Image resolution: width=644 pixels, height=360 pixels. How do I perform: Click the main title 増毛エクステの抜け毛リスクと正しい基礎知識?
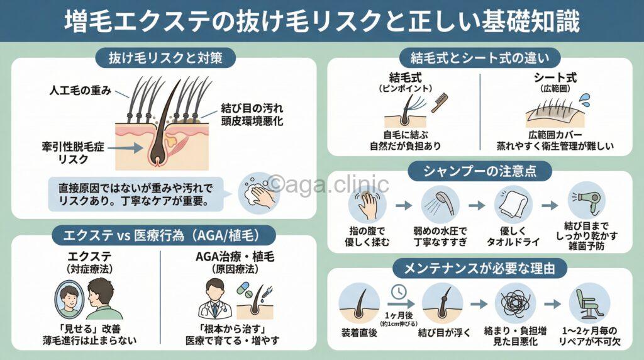pos(322,21)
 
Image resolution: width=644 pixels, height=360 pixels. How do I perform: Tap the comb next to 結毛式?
pos(440,102)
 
